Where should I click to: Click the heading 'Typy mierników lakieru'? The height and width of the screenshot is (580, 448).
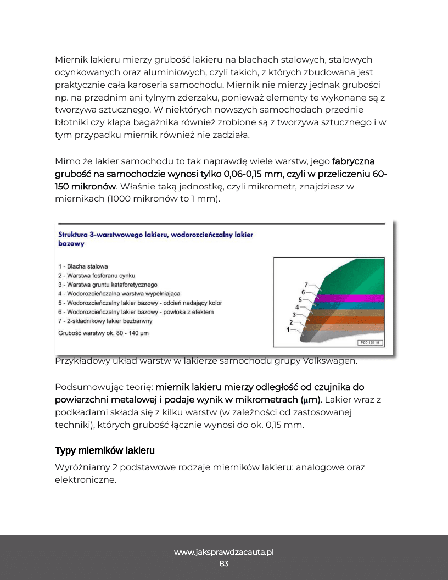click(105, 450)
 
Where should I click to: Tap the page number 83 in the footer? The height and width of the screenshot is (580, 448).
click(224, 564)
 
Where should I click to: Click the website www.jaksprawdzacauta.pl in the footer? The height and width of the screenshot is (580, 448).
click(224, 552)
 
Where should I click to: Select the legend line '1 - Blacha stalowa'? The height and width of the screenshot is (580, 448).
click(83, 266)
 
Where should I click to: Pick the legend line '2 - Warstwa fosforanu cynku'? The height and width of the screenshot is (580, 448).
click(97, 275)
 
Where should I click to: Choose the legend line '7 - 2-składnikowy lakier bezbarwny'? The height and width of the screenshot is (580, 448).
click(105, 321)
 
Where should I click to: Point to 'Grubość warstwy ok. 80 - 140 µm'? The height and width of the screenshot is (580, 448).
click(103, 333)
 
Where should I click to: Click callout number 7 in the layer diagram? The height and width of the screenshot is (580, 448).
click(306, 285)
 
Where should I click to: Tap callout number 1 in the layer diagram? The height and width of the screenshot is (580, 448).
click(288, 330)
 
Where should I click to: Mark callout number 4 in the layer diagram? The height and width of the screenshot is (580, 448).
click(297, 306)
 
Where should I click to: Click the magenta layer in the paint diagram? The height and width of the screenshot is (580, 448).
click(351, 297)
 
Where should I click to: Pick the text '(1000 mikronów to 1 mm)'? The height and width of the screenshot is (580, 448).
click(137, 199)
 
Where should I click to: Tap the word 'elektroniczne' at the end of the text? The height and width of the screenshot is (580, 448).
click(85, 479)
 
